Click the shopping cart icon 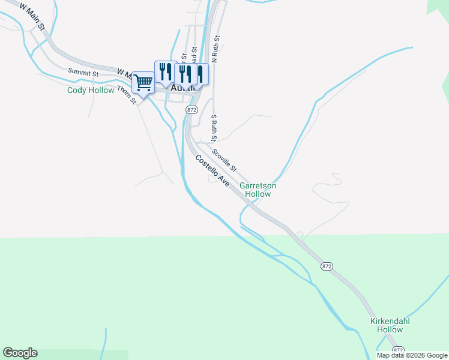pyautogui.click(x=143, y=83)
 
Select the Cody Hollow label pyautogui.click(x=91, y=91)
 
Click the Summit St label pyautogui.click(x=83, y=73)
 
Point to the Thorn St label pyautogui.click(x=127, y=94)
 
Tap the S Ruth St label pyautogui.click(x=212, y=125)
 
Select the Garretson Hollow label pyautogui.click(x=258, y=190)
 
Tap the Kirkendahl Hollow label pyautogui.click(x=390, y=325)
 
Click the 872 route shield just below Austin pyautogui.click(x=191, y=110)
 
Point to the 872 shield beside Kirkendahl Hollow pyautogui.click(x=398, y=349)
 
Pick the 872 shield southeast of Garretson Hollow pyautogui.click(x=327, y=266)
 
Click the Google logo pyautogui.click(x=20, y=353)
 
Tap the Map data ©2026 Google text pyautogui.click(x=412, y=355)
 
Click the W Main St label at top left pyautogui.click(x=32, y=17)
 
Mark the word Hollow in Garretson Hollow pyautogui.click(x=258, y=194)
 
